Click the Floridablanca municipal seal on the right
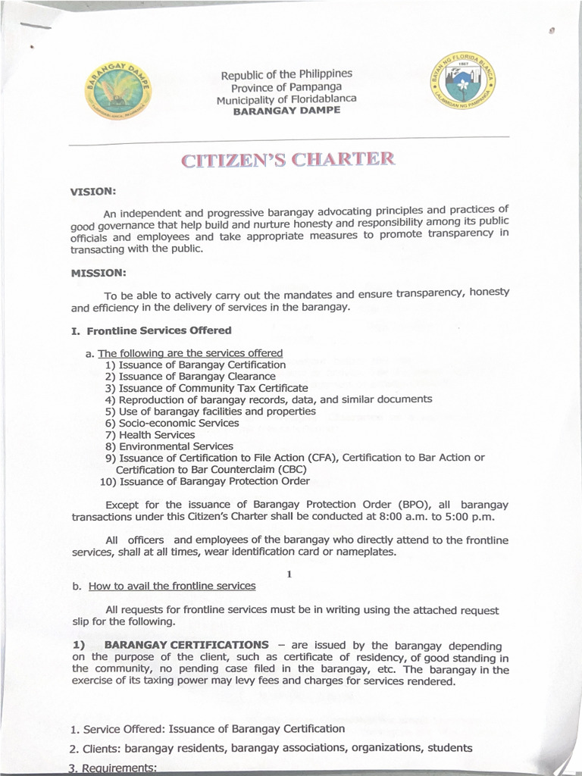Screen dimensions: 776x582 (x=462, y=81)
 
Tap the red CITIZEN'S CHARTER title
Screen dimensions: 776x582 (x=288, y=160)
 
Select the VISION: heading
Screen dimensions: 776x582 (x=93, y=192)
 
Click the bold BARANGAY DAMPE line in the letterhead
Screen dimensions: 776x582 (x=286, y=110)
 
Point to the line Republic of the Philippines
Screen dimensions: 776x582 (x=286, y=75)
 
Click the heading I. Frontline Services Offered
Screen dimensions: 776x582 (x=151, y=330)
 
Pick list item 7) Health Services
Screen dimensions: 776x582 (x=150, y=435)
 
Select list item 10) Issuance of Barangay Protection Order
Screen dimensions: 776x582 (x=205, y=481)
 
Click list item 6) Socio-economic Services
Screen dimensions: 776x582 (x=172, y=423)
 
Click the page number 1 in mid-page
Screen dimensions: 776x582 (x=289, y=573)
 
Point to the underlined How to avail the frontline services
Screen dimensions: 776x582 (x=172, y=586)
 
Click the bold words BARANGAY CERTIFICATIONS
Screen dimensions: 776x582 (x=186, y=645)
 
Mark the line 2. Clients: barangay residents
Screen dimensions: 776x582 (x=271, y=748)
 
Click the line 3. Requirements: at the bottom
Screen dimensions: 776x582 (x=113, y=768)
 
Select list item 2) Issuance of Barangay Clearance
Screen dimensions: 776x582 (x=190, y=376)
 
